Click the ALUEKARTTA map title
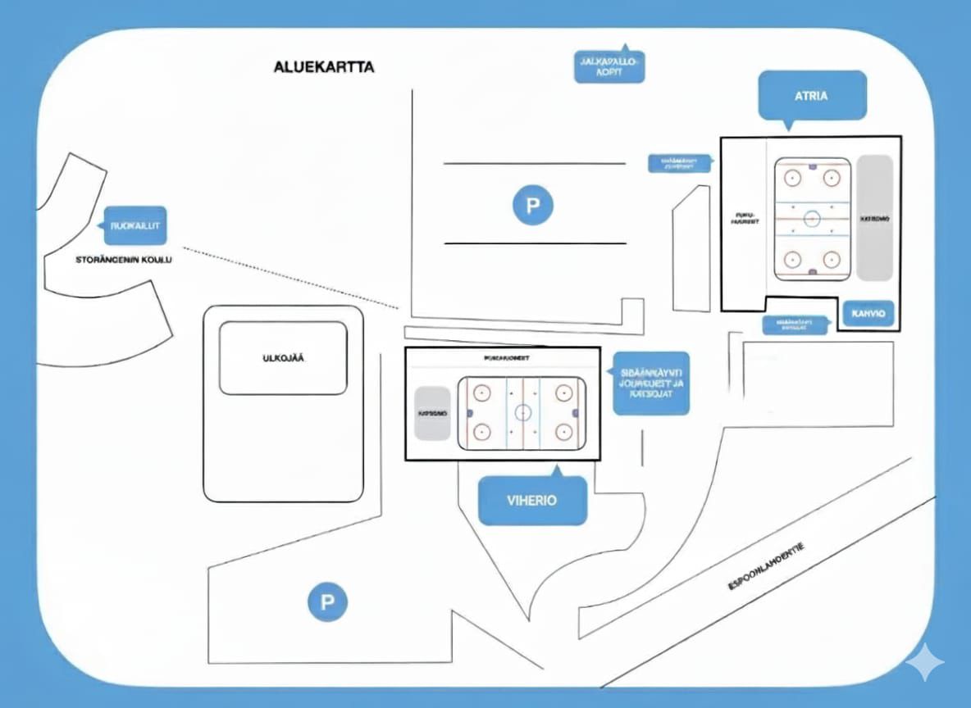[x=323, y=67]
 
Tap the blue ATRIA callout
[x=811, y=95]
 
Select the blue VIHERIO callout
[x=532, y=500]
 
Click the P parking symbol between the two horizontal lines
[x=533, y=204]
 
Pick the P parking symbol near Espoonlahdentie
[x=327, y=603]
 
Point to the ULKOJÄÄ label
[x=283, y=358]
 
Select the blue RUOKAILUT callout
[x=134, y=225]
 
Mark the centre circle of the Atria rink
[x=812, y=218]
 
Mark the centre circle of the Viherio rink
[x=522, y=412]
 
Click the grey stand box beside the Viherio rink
[x=432, y=413]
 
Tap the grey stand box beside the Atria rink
[x=874, y=219]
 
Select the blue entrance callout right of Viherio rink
[x=652, y=383]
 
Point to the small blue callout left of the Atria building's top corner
[x=679, y=163]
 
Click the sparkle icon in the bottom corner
[x=923, y=661]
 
